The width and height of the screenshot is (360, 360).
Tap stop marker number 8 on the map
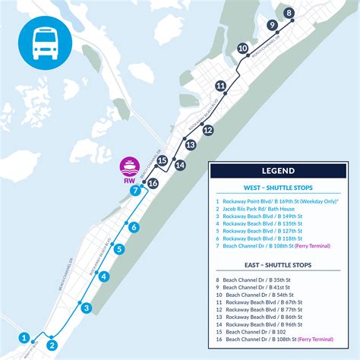coord(289,13)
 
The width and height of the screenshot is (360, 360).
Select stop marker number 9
coord(272,25)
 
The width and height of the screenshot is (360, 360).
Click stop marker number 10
coord(243,49)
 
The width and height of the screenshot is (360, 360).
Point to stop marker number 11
coord(220,86)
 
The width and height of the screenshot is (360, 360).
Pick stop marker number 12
coord(207,130)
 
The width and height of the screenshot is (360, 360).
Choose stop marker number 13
coord(190,144)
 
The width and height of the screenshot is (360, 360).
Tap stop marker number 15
coord(162,159)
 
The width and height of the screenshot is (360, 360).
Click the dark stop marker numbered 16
coord(153,183)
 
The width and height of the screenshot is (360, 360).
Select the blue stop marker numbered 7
coord(135,191)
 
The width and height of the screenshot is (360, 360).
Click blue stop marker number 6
coord(134,227)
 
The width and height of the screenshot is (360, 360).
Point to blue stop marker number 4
coord(104,276)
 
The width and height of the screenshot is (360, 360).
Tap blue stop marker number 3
coord(87,308)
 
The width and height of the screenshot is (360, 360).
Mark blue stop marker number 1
coord(25,337)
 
